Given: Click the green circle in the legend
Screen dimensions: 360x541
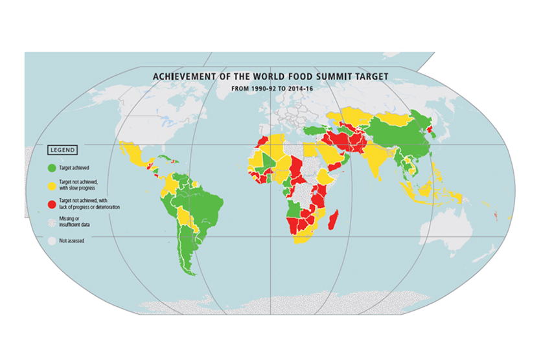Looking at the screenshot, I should (51, 168).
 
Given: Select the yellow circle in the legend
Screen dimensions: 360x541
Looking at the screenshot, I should (51, 184).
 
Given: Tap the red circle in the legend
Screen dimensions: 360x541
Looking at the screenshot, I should (51, 204).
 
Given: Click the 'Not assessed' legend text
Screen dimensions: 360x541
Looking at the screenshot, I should (71, 240).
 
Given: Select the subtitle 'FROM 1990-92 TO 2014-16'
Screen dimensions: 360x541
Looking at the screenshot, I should (270, 87).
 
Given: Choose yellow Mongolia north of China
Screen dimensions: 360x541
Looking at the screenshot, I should (400, 118).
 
